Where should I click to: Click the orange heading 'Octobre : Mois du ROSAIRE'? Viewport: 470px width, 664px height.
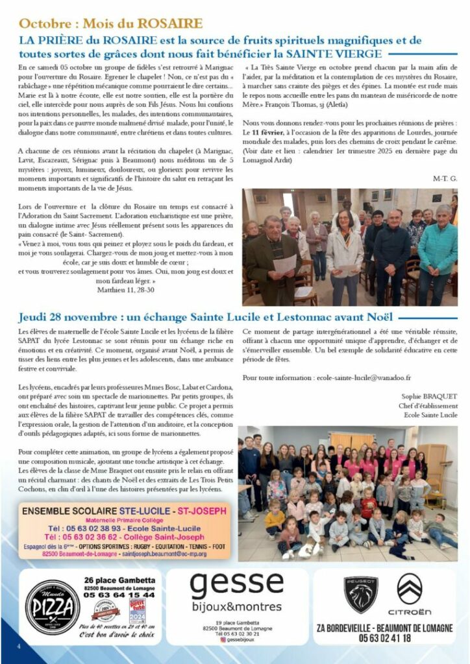tap(110, 24)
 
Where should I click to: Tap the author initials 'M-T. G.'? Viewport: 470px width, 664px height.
tap(444, 178)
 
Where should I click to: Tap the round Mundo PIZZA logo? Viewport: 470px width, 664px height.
tap(52, 608)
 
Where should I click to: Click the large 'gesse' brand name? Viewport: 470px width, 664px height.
tap(236, 587)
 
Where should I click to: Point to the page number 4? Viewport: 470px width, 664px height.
tap(19, 646)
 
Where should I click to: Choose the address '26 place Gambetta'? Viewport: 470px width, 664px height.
tap(119, 580)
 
